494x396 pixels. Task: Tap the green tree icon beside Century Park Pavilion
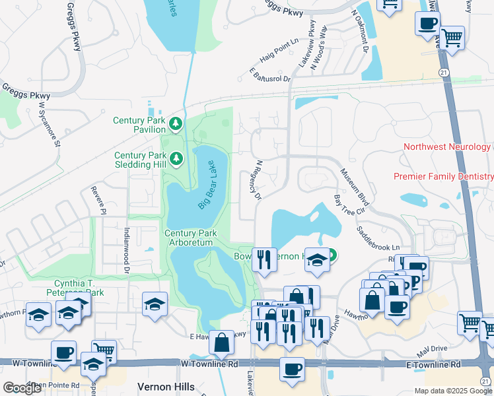176,123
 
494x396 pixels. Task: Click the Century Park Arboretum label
188,238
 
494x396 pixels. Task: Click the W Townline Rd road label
209,364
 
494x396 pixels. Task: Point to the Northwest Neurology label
446,147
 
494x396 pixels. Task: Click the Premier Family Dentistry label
443,176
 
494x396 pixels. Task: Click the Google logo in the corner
22,387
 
